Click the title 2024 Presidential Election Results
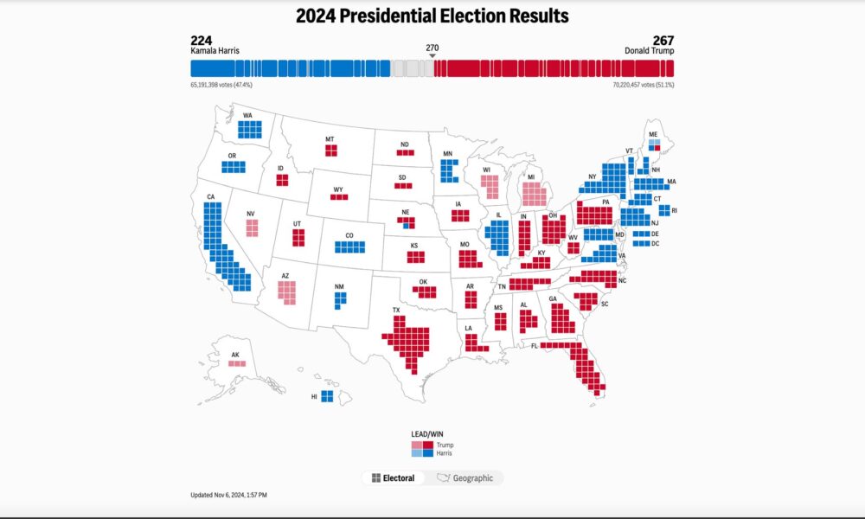(432, 16)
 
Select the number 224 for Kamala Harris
(201, 40)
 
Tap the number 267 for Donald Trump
(663, 40)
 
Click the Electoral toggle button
(393, 477)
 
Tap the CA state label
(210, 197)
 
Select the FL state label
(535, 346)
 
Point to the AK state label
(235, 355)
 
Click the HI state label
(314, 396)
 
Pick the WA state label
(247, 115)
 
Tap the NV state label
(251, 214)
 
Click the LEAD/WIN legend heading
(426, 433)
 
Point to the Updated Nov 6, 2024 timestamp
(229, 495)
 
